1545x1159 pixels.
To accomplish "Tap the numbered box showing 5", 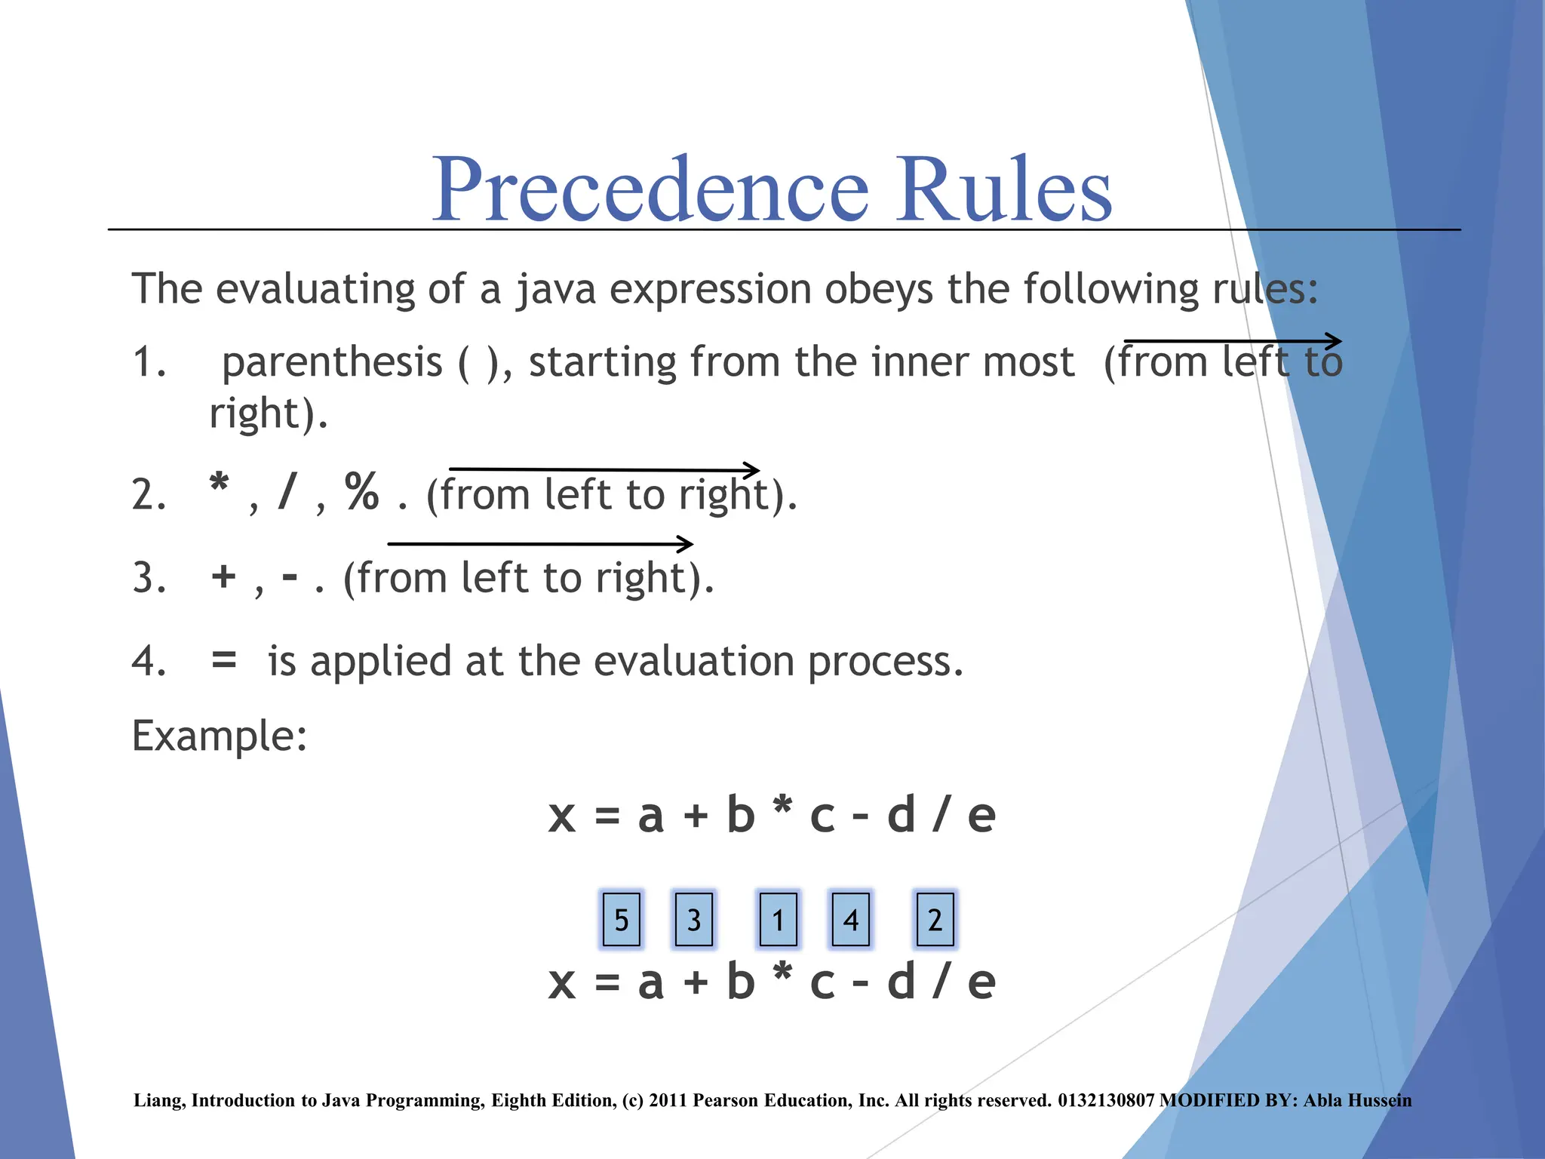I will point(622,919).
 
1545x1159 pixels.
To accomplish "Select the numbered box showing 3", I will point(694,919).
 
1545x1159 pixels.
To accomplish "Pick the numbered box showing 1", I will point(778,919).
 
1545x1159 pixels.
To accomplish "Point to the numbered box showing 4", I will point(850,919).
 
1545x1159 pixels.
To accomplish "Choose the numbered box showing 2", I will point(935,919).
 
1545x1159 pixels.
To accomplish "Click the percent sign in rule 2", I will point(362,492).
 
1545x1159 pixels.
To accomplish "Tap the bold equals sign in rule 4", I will point(224,659).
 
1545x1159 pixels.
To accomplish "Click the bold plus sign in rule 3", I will point(224,577).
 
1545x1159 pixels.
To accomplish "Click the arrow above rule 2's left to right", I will point(604,469).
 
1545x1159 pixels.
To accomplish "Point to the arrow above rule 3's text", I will point(540,543).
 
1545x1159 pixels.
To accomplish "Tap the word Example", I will point(219,736).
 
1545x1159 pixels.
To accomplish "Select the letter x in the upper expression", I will point(562,816).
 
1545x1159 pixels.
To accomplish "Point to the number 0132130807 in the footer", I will point(1106,1100).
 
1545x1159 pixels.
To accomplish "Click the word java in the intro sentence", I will point(556,290).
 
